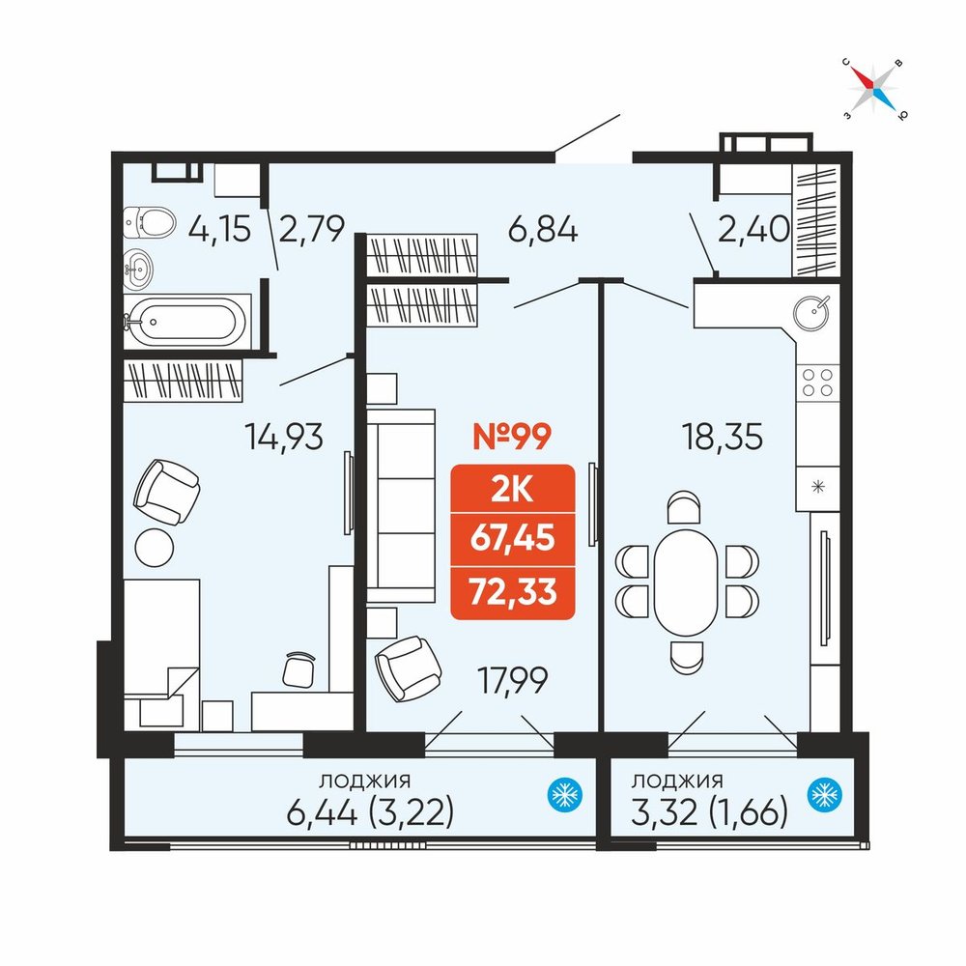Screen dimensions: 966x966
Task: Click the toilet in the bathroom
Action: [149, 222]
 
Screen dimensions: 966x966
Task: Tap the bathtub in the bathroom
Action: [187, 321]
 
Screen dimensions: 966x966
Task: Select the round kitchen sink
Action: [812, 312]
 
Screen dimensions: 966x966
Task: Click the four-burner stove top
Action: [817, 382]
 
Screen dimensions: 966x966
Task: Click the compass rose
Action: [873, 88]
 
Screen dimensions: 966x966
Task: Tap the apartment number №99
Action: [511, 437]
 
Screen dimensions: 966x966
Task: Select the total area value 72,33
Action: [513, 592]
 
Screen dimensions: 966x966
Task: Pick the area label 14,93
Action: [284, 437]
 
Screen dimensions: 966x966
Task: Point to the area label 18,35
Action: [722, 437]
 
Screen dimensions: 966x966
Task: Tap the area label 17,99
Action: [513, 681]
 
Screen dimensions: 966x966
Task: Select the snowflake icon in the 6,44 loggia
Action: [565, 795]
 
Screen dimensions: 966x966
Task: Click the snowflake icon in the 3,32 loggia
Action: [824, 795]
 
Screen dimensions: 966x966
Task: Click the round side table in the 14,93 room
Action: [154, 547]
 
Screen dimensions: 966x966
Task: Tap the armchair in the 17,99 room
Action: [408, 669]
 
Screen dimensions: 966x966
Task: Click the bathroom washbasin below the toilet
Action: [138, 269]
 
